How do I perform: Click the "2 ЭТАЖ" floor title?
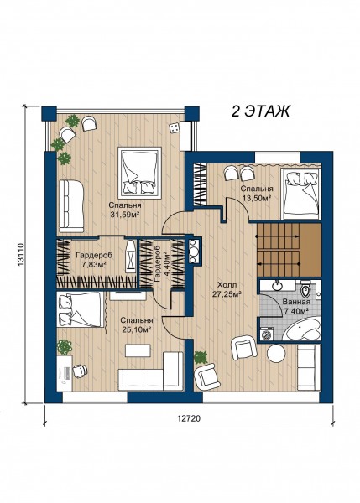[260, 111]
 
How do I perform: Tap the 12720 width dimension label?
[189, 418]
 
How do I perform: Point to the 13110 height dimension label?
[21, 255]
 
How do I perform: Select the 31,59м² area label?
[125, 215]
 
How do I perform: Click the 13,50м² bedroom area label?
[257, 198]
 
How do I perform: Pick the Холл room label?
[227, 284]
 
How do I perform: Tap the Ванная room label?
[296, 302]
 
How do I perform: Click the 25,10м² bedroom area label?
[137, 329]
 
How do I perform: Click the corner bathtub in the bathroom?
[303, 330]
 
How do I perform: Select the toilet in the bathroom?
[305, 289]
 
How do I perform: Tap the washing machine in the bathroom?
[267, 334]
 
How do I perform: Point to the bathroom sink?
[276, 284]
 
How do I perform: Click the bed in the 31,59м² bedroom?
[139, 174]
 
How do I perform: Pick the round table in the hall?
[276, 354]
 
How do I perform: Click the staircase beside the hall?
[289, 250]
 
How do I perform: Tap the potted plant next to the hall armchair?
[201, 357]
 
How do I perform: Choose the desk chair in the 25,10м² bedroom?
[80, 371]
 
